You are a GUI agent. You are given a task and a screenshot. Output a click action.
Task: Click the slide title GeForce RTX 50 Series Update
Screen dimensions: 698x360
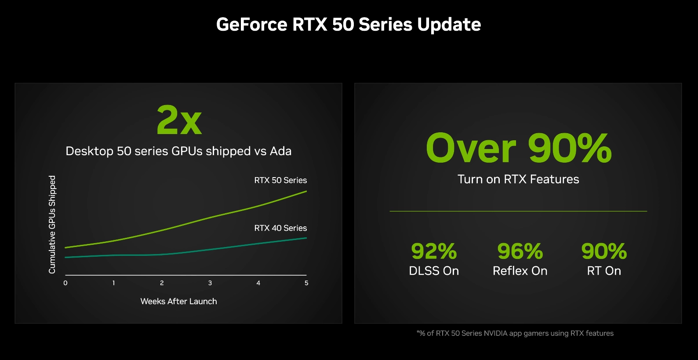[x=349, y=24]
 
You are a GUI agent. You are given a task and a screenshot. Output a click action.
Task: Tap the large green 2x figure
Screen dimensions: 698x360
[x=179, y=120]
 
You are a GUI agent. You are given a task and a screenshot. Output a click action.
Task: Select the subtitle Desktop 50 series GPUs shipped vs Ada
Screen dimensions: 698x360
[x=178, y=151]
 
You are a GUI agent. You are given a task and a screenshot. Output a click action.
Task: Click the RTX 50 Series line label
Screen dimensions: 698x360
[x=280, y=180]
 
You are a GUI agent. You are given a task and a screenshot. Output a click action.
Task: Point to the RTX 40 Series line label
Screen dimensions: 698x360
[x=280, y=228]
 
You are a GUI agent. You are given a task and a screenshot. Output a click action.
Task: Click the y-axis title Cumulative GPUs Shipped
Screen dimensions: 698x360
[x=52, y=225]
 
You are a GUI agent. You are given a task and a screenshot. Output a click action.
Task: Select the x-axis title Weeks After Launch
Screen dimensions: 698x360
[x=178, y=302]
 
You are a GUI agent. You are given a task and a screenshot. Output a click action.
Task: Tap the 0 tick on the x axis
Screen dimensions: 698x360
[x=65, y=283]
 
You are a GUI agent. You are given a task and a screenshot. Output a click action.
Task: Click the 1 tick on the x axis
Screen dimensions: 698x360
[x=114, y=283]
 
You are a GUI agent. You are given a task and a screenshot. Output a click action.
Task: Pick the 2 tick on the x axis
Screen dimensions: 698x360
[x=162, y=283]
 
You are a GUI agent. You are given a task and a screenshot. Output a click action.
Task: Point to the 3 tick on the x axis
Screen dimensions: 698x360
[x=210, y=283]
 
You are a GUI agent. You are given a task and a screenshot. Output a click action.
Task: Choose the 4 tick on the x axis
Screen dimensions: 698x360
[x=258, y=283]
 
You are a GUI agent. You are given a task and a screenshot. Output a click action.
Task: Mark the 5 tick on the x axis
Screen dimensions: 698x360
[x=306, y=283]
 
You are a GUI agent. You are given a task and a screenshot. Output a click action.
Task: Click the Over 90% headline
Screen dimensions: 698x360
[x=519, y=148]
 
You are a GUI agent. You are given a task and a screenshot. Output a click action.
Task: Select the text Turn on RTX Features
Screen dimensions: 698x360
[x=518, y=179]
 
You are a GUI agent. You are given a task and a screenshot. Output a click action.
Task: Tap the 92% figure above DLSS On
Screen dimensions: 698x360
[x=434, y=251]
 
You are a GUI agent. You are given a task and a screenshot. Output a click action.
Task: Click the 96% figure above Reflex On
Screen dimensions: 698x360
[x=520, y=251]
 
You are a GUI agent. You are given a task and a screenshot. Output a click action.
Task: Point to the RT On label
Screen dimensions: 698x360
[x=604, y=271]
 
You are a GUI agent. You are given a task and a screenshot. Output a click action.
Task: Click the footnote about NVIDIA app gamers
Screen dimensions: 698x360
[x=515, y=333]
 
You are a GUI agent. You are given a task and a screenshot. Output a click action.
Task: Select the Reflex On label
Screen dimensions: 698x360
[x=520, y=271]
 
